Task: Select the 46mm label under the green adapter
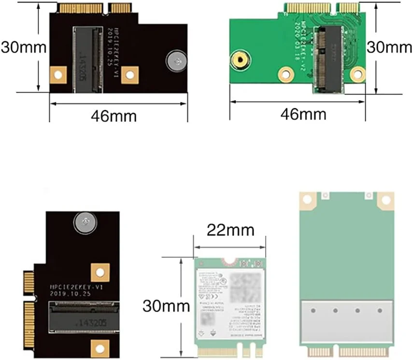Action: click(304, 115)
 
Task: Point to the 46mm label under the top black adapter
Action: click(114, 116)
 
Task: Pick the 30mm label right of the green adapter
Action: click(390, 47)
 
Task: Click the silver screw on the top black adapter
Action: click(176, 61)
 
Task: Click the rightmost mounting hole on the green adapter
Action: click(357, 74)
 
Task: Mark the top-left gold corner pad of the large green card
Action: click(308, 200)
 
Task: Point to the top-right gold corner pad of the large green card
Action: click(385, 200)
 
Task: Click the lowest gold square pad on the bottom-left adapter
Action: click(100, 346)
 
